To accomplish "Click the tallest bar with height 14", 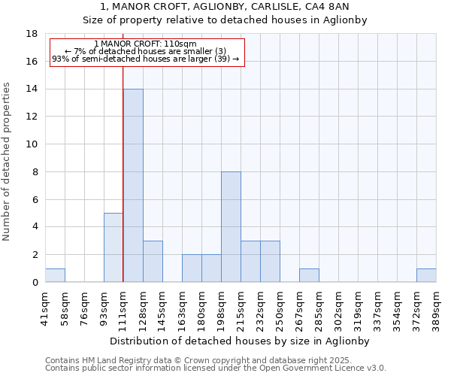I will tap(133, 186).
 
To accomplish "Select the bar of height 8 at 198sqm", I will tap(231, 227).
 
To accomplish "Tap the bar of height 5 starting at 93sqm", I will tap(114, 247).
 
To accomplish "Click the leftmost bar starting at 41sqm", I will tap(55, 275).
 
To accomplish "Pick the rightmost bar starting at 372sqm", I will tap(426, 275).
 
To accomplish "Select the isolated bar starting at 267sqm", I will tap(309, 275).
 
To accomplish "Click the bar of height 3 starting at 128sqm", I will tap(153, 262).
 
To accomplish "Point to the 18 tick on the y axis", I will tap(32, 34).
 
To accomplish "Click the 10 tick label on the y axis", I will tap(32, 144).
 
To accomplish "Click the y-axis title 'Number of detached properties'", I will tap(8, 162).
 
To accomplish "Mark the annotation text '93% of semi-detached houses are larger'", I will tap(137, 59).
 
